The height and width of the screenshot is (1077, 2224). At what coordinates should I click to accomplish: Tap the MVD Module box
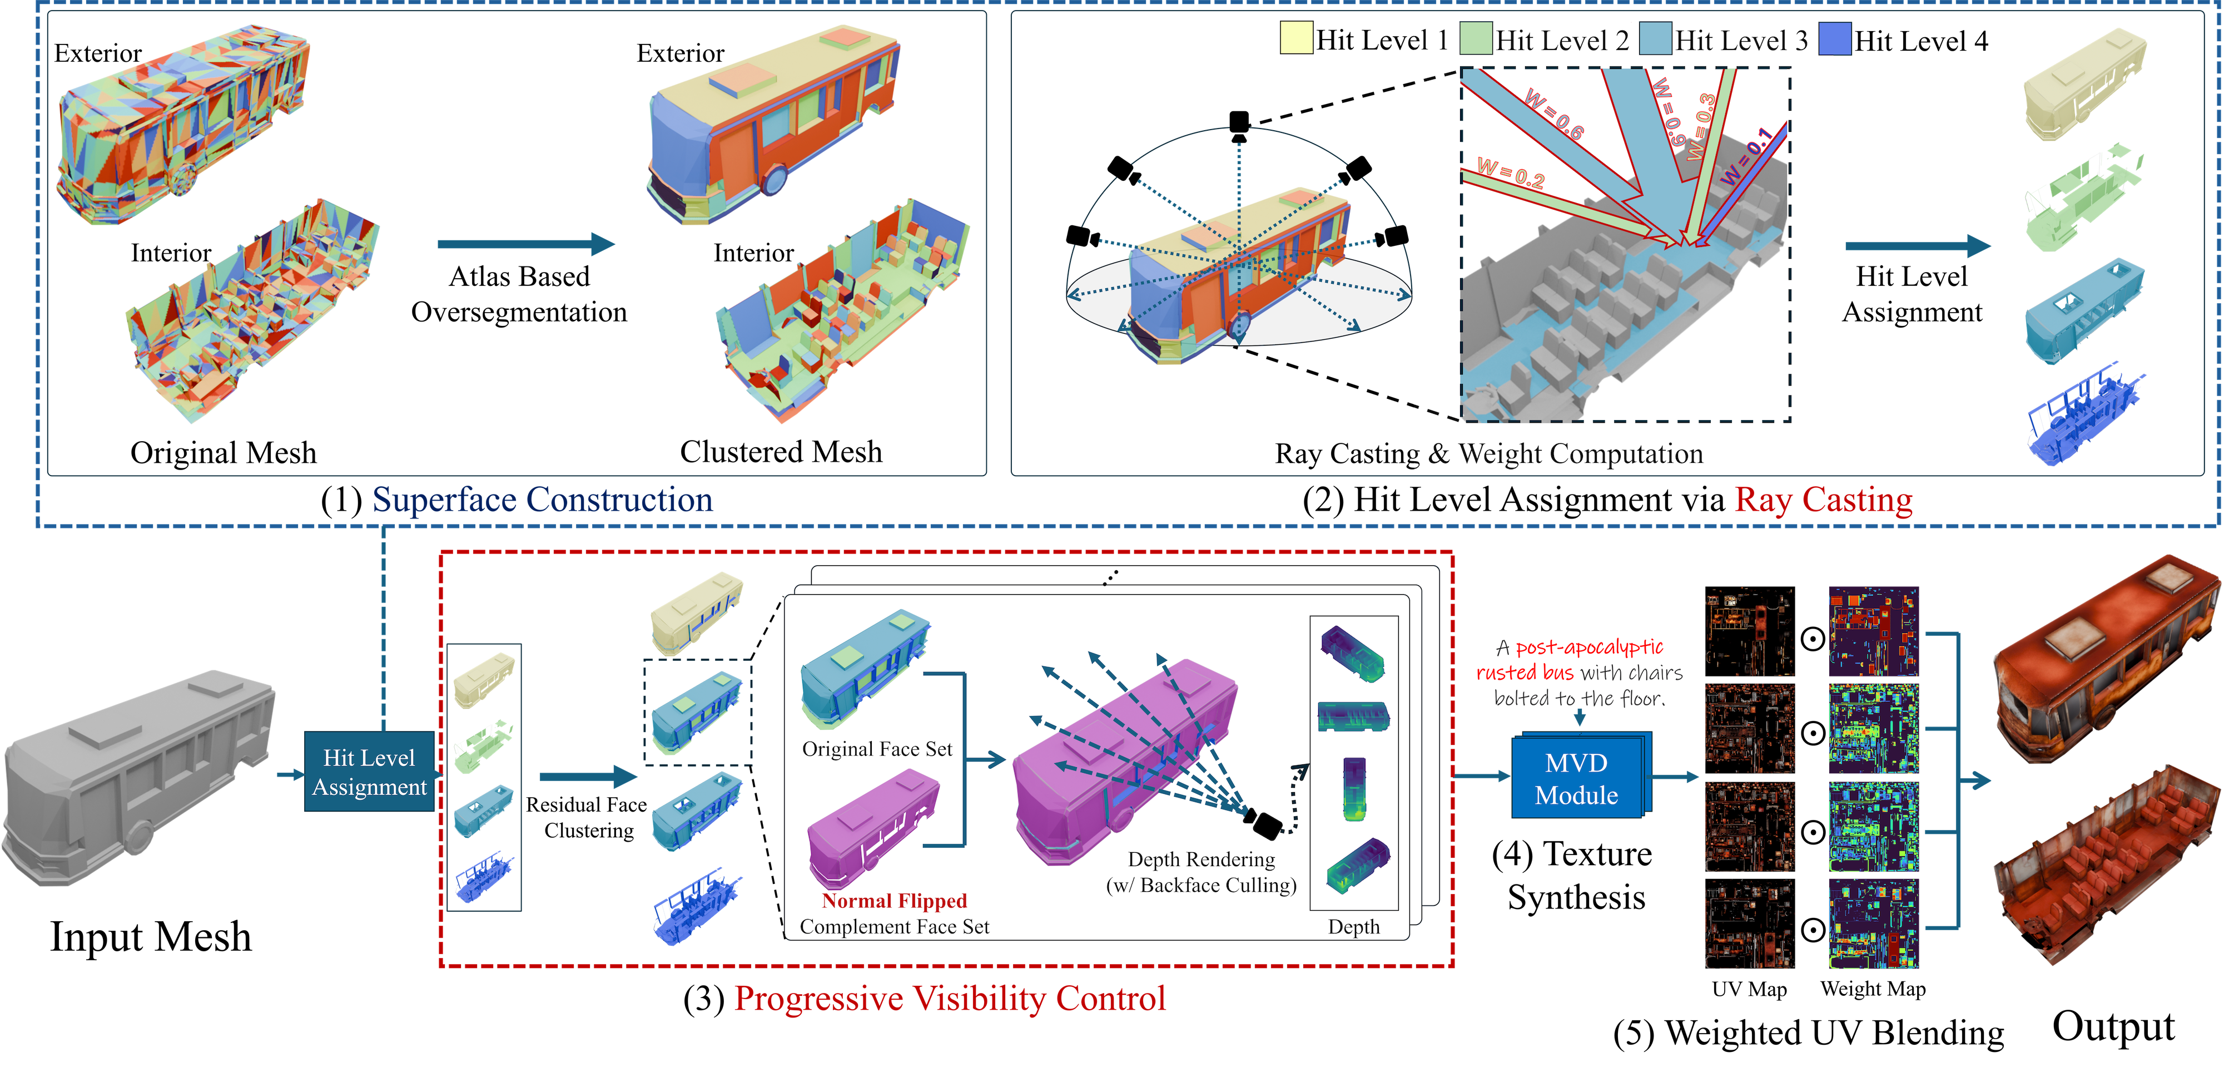point(1576,778)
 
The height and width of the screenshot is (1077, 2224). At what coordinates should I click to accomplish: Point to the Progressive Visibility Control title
point(950,999)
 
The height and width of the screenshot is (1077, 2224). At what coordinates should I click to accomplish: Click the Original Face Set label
point(877,749)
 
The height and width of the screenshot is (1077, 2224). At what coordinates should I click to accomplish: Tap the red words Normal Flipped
point(895,901)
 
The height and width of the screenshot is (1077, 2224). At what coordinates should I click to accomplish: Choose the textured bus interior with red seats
point(2107,864)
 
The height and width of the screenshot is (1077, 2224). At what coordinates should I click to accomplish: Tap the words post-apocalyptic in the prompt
point(1590,648)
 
